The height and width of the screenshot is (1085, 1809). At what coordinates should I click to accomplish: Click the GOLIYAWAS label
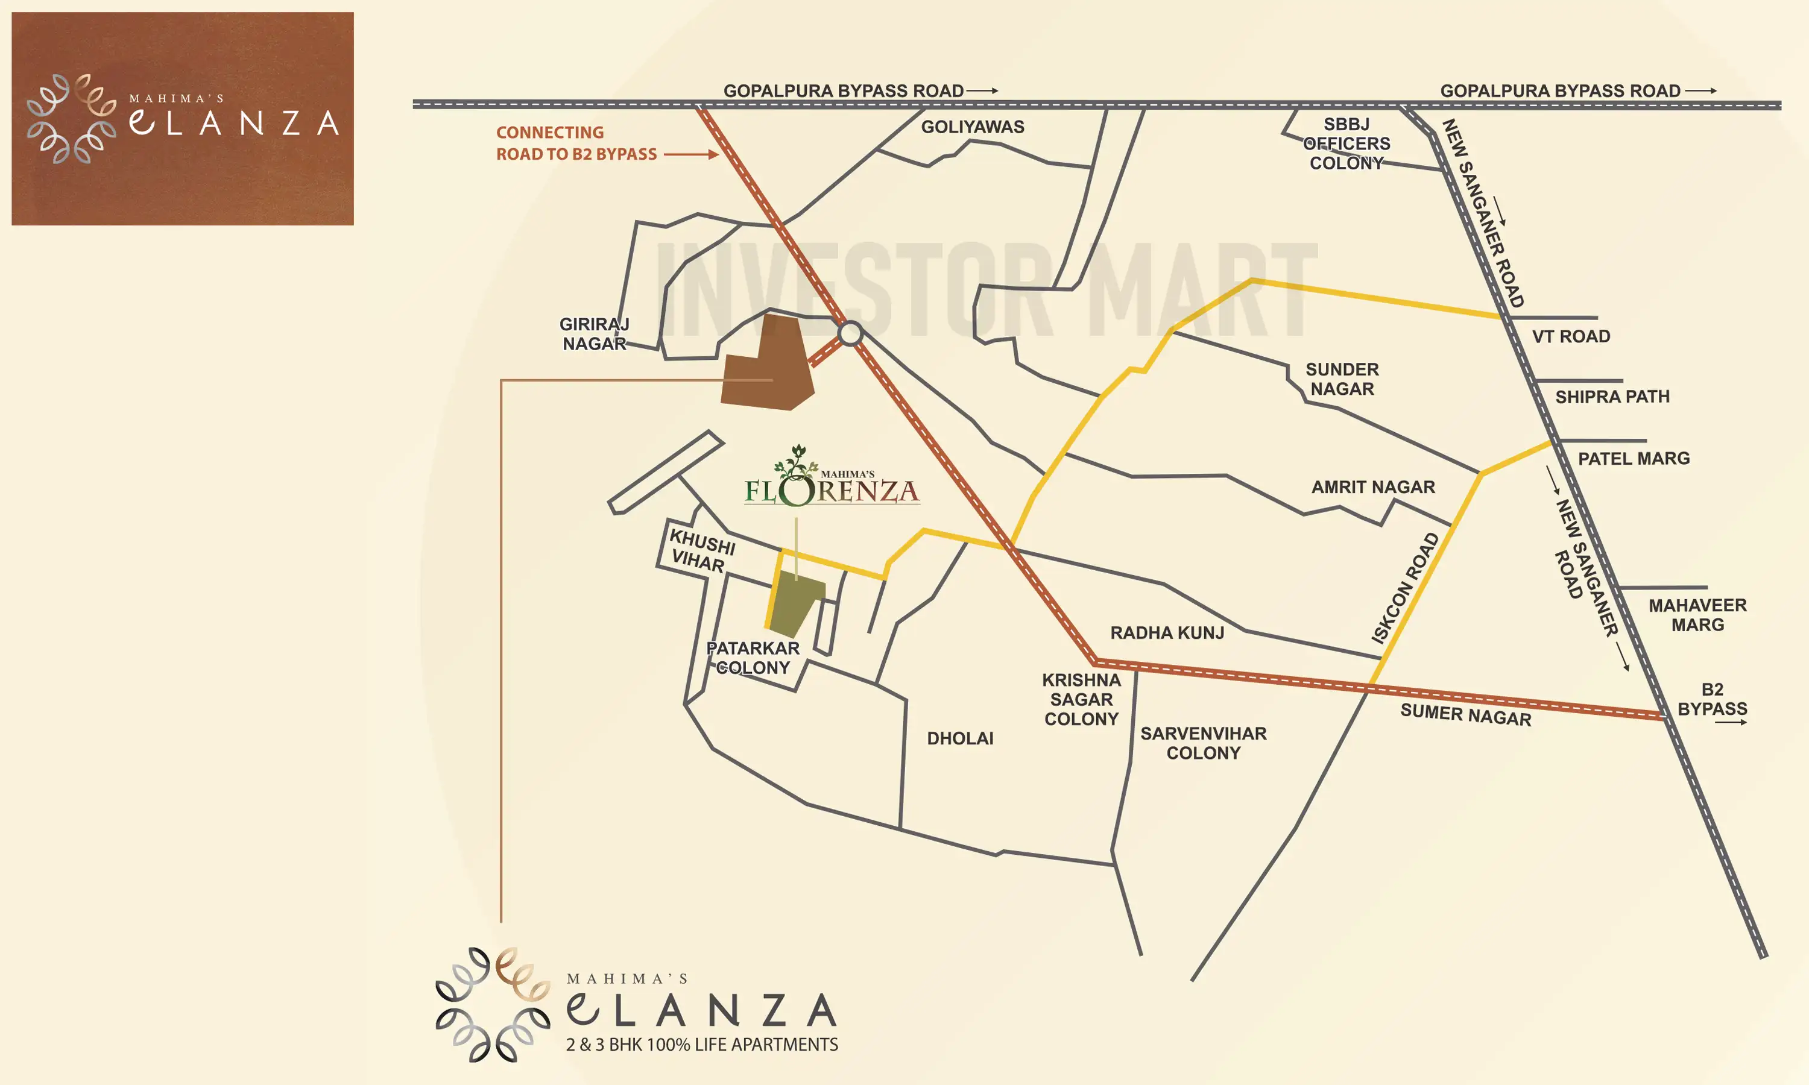972,127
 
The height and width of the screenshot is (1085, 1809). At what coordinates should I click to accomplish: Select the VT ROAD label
1571,336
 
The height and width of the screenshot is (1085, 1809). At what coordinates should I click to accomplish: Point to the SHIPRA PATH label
1612,397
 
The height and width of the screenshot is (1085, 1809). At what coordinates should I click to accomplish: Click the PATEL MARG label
1634,459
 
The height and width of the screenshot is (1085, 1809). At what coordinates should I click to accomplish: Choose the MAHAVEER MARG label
1697,615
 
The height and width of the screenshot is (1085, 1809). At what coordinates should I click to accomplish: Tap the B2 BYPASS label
1712,699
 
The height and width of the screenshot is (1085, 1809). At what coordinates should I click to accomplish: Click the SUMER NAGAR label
1465,714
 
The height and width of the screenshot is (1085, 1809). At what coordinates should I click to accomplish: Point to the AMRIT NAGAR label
1372,487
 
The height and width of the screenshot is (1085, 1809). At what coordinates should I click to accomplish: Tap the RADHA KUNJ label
1167,632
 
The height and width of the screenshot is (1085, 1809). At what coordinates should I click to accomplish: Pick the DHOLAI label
960,738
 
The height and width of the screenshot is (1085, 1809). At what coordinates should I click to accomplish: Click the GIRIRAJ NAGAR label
594,333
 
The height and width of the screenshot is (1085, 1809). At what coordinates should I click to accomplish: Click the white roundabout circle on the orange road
850,333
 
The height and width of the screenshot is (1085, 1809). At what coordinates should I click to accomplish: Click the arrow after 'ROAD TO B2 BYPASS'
691,154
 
